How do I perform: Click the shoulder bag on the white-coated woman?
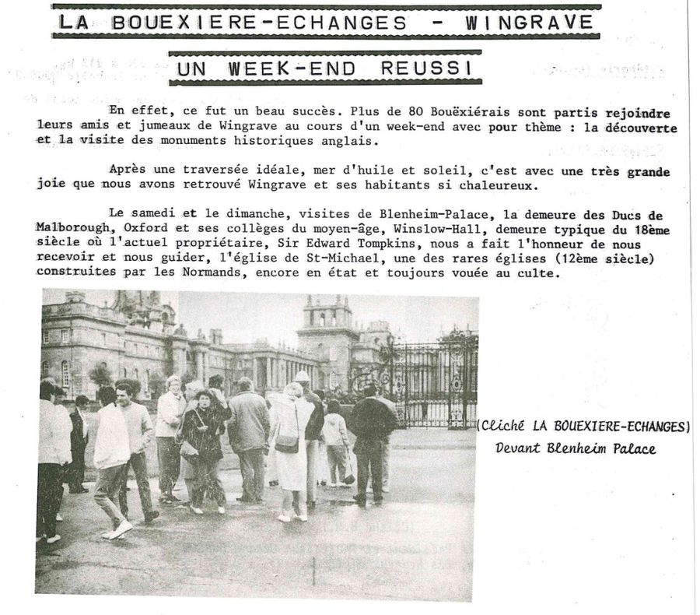pos(286,442)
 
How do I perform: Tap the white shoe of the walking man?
pos(119,529)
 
